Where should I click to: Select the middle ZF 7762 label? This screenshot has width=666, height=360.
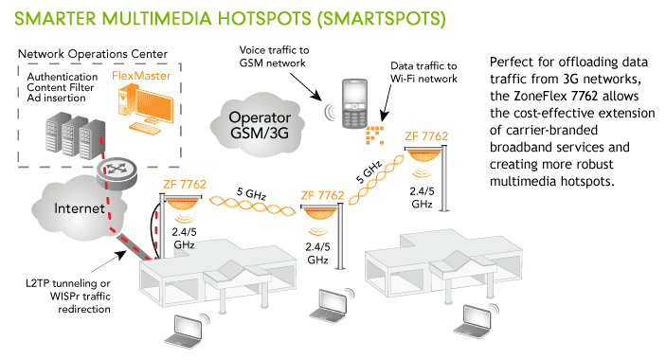(x=320, y=195)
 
